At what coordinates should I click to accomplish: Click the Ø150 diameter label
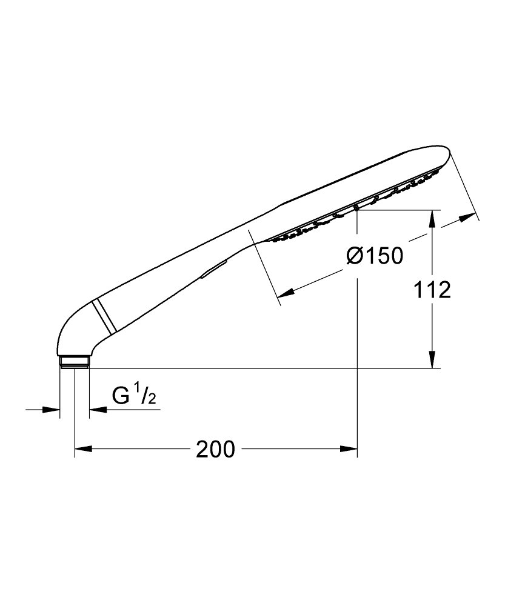(375, 256)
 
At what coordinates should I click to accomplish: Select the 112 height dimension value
(432, 290)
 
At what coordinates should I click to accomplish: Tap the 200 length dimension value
(215, 449)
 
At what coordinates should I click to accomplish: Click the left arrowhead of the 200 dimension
(83, 448)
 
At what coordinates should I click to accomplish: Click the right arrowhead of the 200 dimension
(349, 448)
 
